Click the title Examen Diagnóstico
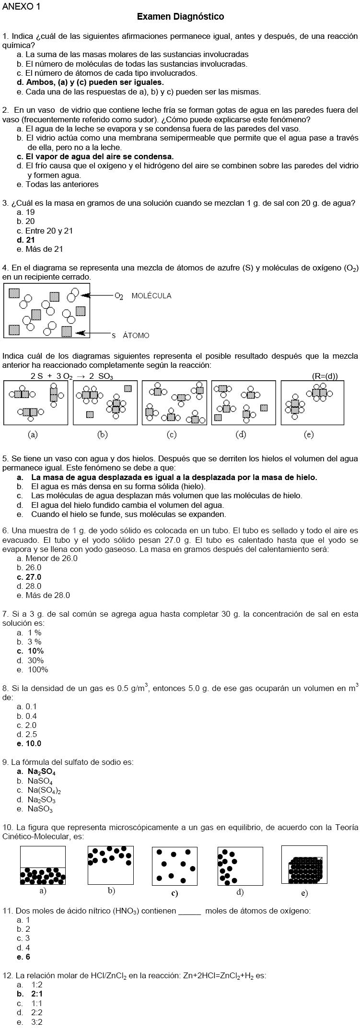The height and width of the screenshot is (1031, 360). point(180,17)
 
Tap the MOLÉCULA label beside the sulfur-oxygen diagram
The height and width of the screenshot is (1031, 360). point(151,296)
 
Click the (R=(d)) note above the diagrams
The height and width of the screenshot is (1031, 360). point(325,376)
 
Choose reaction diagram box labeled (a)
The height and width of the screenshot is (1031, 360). point(35,403)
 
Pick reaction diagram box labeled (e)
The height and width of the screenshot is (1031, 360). point(312,403)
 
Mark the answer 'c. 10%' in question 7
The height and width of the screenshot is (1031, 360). point(30,651)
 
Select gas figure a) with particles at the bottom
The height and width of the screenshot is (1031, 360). point(43,865)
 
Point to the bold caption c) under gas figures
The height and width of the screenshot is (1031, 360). point(174,893)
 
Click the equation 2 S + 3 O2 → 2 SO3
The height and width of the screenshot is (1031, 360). point(72,376)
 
